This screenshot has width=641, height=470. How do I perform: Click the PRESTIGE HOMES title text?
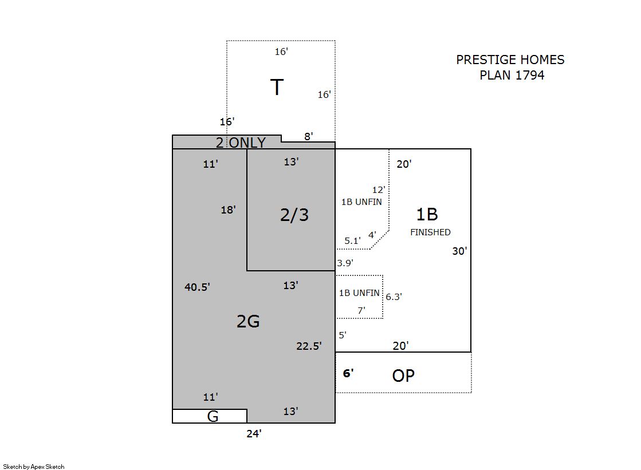click(510, 60)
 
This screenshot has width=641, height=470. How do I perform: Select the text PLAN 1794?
click(512, 75)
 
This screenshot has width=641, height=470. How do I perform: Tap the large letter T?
click(277, 87)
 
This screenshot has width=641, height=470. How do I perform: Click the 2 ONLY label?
click(241, 143)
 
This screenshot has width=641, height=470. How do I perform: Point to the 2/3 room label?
click(294, 215)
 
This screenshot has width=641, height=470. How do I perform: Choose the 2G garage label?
click(248, 322)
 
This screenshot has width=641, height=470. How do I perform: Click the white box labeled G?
click(209, 416)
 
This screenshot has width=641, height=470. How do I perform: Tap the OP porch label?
click(403, 376)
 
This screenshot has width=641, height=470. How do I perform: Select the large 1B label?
click(427, 215)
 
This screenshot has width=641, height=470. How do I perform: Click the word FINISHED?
click(430, 232)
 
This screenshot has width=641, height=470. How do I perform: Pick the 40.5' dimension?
click(197, 287)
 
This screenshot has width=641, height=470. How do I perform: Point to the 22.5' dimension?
click(309, 346)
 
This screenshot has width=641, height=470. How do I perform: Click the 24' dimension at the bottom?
click(254, 433)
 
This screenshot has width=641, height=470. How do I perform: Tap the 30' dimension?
click(459, 251)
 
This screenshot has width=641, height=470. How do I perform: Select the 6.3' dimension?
click(394, 297)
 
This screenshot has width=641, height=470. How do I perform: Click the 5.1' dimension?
click(352, 240)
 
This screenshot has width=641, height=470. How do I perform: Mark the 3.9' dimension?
click(345, 263)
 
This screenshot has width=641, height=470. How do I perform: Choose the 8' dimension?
click(309, 136)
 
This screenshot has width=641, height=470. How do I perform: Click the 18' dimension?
click(228, 210)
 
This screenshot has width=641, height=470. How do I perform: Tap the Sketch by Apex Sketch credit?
click(34, 467)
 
